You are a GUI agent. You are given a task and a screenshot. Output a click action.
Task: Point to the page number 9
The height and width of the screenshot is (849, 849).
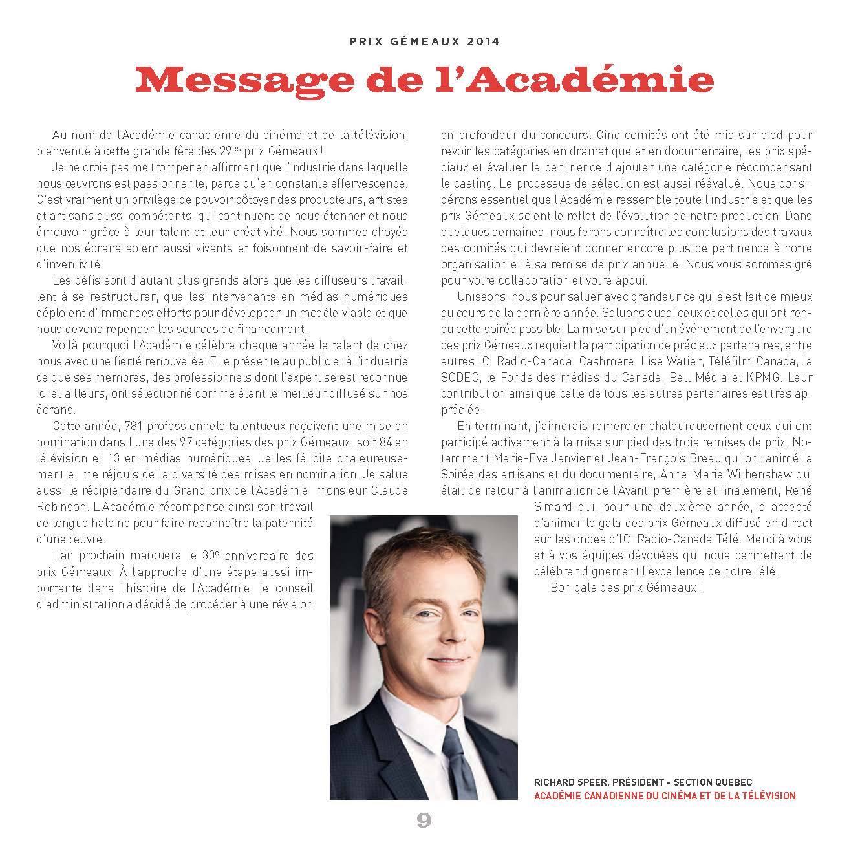click(424, 821)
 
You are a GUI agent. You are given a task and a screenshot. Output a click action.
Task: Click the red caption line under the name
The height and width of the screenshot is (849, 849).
click(665, 795)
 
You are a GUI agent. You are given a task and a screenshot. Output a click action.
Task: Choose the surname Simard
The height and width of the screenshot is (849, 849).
click(553, 507)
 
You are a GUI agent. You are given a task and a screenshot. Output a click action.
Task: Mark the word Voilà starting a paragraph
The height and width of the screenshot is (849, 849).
click(66, 345)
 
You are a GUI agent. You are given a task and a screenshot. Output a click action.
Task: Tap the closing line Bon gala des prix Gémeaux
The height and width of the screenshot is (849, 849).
click(625, 588)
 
